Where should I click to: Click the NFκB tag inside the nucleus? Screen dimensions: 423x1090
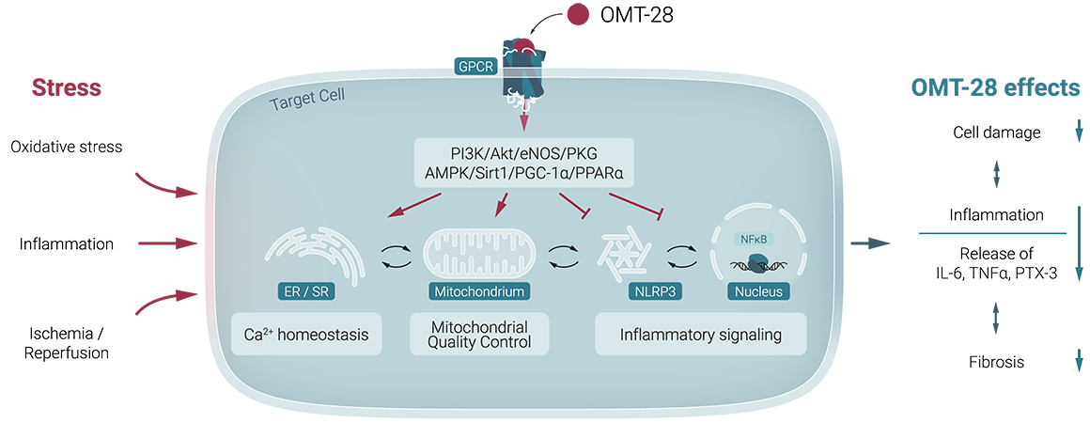point(755,238)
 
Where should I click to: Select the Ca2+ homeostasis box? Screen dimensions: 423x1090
point(306,334)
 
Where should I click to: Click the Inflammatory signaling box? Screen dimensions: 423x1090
point(700,334)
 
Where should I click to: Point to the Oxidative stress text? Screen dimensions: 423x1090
point(67,148)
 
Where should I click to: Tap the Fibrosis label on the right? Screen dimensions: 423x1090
point(996,361)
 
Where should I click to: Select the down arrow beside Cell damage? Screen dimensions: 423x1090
point(1079,133)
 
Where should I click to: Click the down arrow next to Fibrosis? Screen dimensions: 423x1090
point(1079,361)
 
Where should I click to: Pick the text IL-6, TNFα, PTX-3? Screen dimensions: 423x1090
point(996,273)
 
